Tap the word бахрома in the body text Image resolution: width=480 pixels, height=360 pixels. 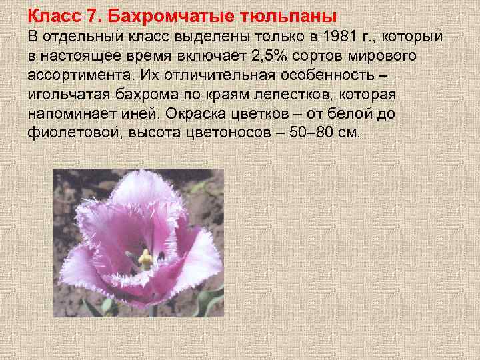point(148,94)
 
